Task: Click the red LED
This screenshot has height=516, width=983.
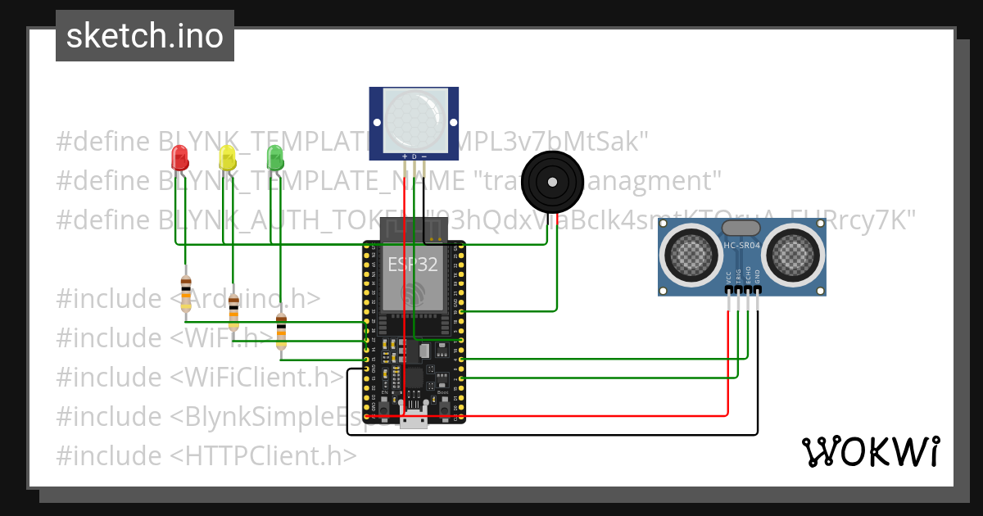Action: click(x=179, y=156)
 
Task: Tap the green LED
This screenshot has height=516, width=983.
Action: click(x=275, y=156)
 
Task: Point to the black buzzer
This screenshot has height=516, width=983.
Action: click(x=553, y=181)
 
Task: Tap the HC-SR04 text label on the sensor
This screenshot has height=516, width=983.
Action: click(x=742, y=245)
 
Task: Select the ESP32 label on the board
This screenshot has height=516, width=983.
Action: click(x=412, y=264)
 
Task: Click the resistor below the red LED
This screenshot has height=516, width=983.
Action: click(x=186, y=293)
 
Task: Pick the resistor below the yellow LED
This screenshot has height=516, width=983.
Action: click(x=234, y=311)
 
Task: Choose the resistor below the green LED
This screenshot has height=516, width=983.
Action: click(x=282, y=331)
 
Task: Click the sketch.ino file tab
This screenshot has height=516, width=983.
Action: click(x=145, y=36)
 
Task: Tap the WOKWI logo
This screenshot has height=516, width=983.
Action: click(x=870, y=451)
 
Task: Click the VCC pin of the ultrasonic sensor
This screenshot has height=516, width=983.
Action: click(x=728, y=290)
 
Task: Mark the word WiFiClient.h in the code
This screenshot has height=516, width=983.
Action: click(x=262, y=377)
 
